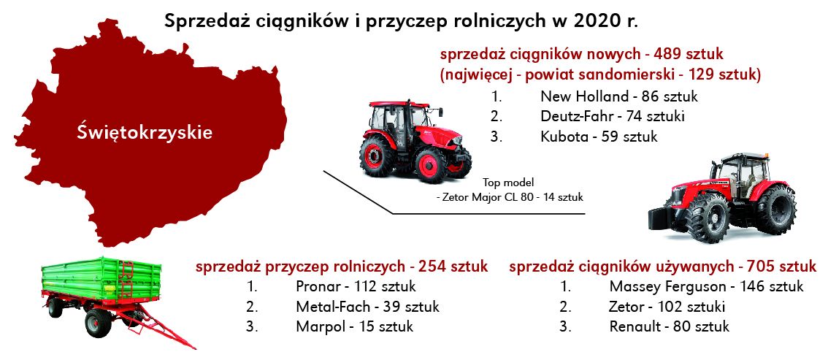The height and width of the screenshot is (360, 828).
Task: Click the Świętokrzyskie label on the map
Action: (145, 132)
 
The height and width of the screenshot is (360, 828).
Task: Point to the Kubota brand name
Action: (564, 137)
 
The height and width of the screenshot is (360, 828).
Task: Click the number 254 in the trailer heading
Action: (434, 267)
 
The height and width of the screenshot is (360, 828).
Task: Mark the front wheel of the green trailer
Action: (99, 322)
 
